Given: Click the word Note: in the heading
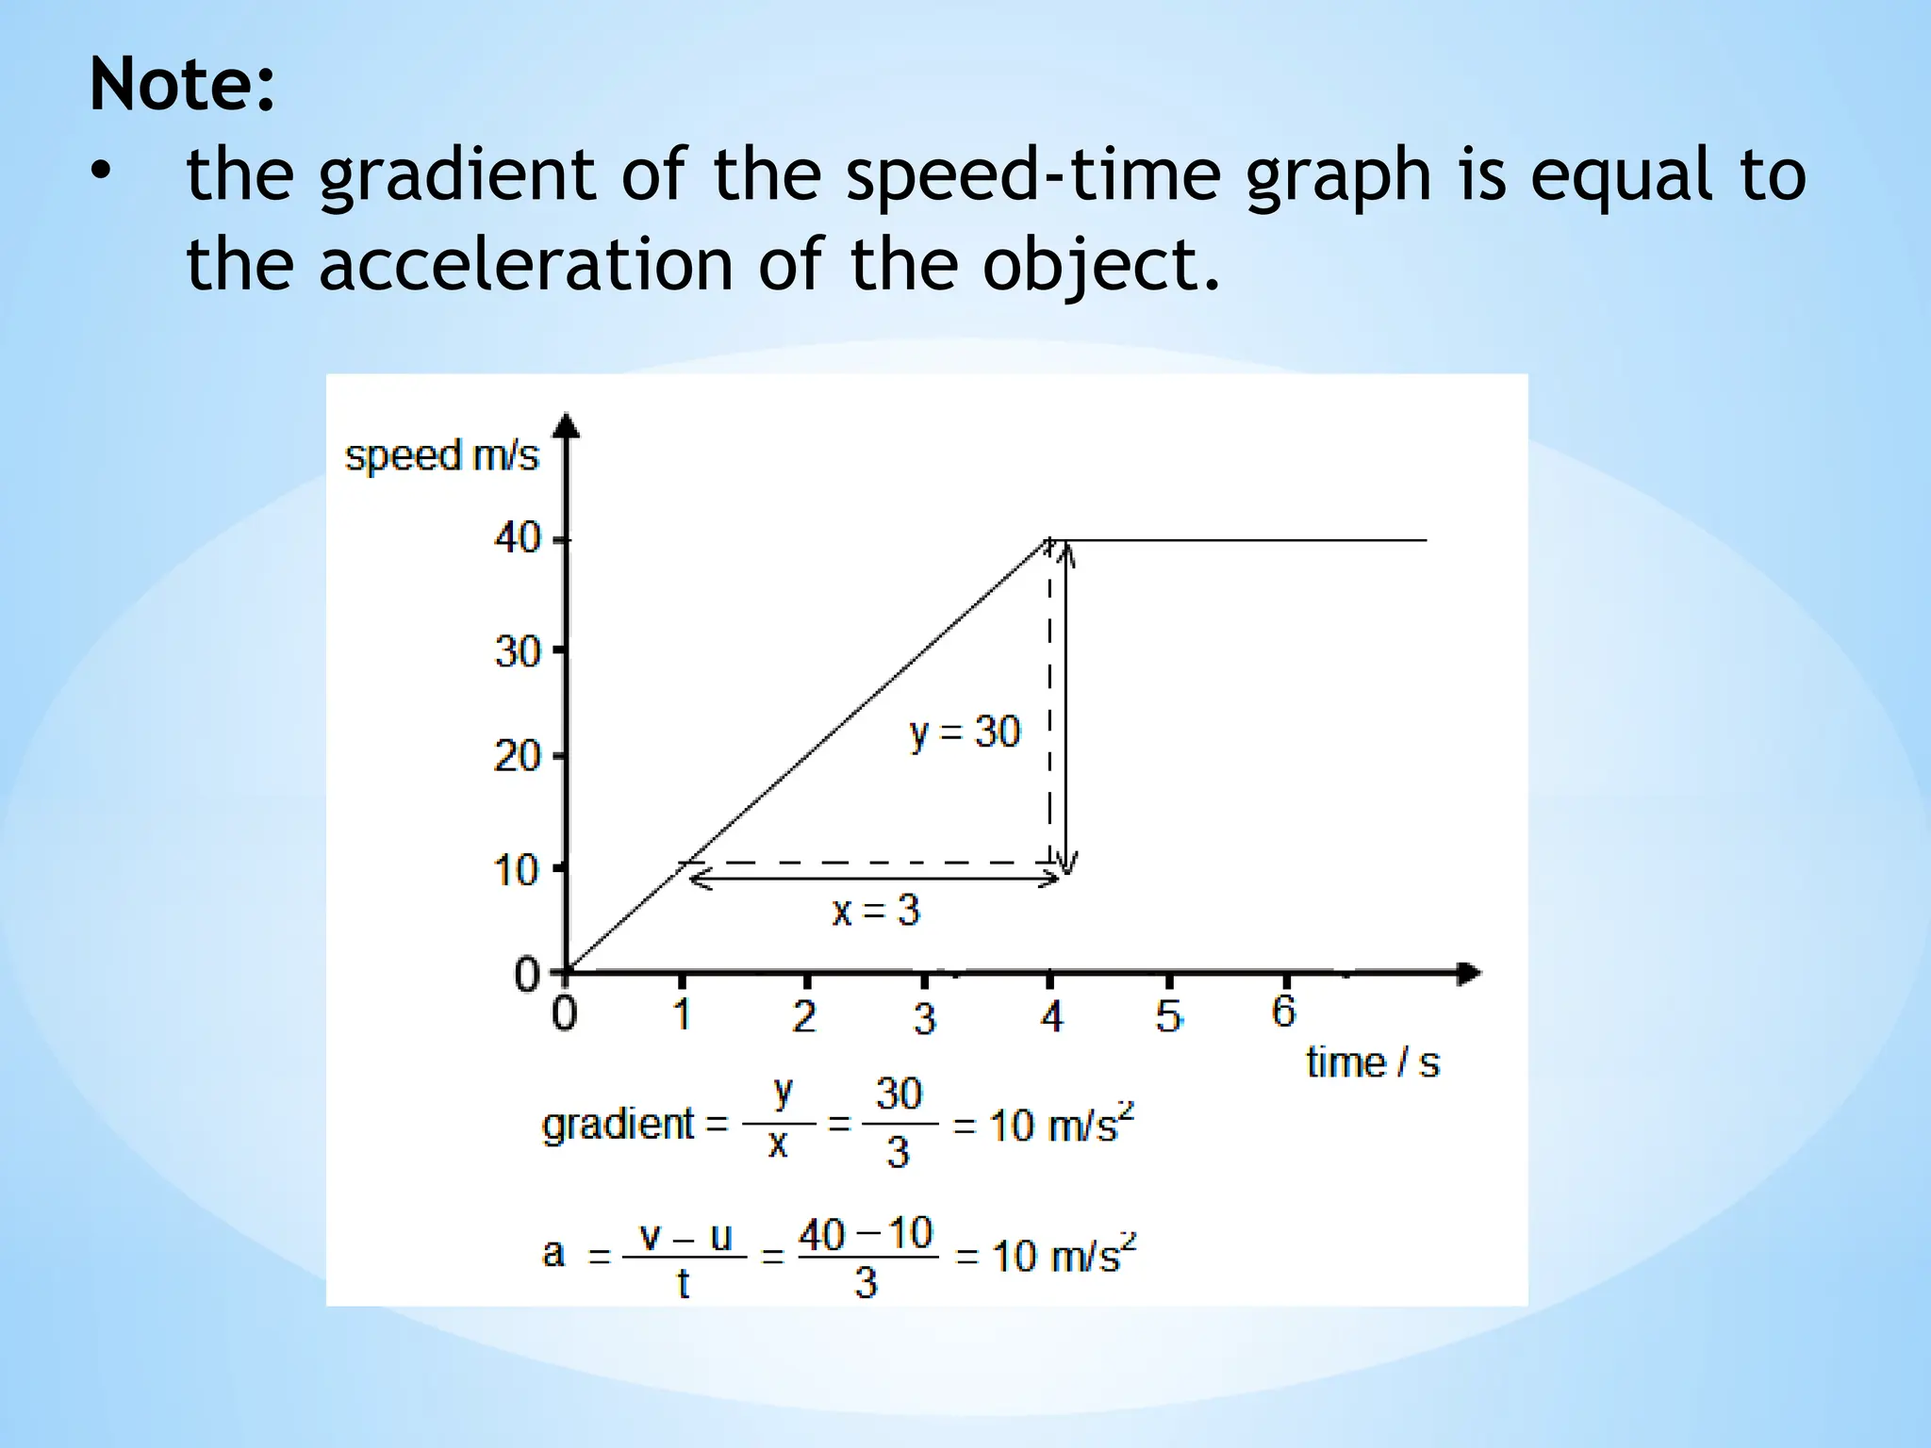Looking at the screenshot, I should (x=182, y=85).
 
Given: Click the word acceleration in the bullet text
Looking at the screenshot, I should (x=525, y=264).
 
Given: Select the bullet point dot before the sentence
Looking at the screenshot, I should (x=101, y=173).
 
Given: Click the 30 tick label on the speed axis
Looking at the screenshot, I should (x=517, y=651).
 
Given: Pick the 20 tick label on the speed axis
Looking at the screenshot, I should (x=517, y=756).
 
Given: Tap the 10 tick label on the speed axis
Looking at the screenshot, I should (x=517, y=870).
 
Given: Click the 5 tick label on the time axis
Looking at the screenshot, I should (x=1168, y=1016).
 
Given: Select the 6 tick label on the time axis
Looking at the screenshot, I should (x=1283, y=1012).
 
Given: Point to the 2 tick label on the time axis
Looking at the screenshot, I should (x=803, y=1016).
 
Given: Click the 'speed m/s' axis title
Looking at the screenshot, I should (x=441, y=456).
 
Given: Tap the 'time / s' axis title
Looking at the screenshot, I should (x=1373, y=1063).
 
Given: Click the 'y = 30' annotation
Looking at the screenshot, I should (x=964, y=732).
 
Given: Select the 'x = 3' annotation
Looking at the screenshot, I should (x=875, y=911).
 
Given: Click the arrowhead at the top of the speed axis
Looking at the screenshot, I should (x=566, y=426).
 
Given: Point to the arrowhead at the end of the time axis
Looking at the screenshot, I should (x=1469, y=973).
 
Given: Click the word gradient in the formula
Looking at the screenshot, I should (x=618, y=1125).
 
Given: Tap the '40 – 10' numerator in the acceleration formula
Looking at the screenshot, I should (x=866, y=1234).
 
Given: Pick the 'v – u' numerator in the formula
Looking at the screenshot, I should (x=685, y=1236).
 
